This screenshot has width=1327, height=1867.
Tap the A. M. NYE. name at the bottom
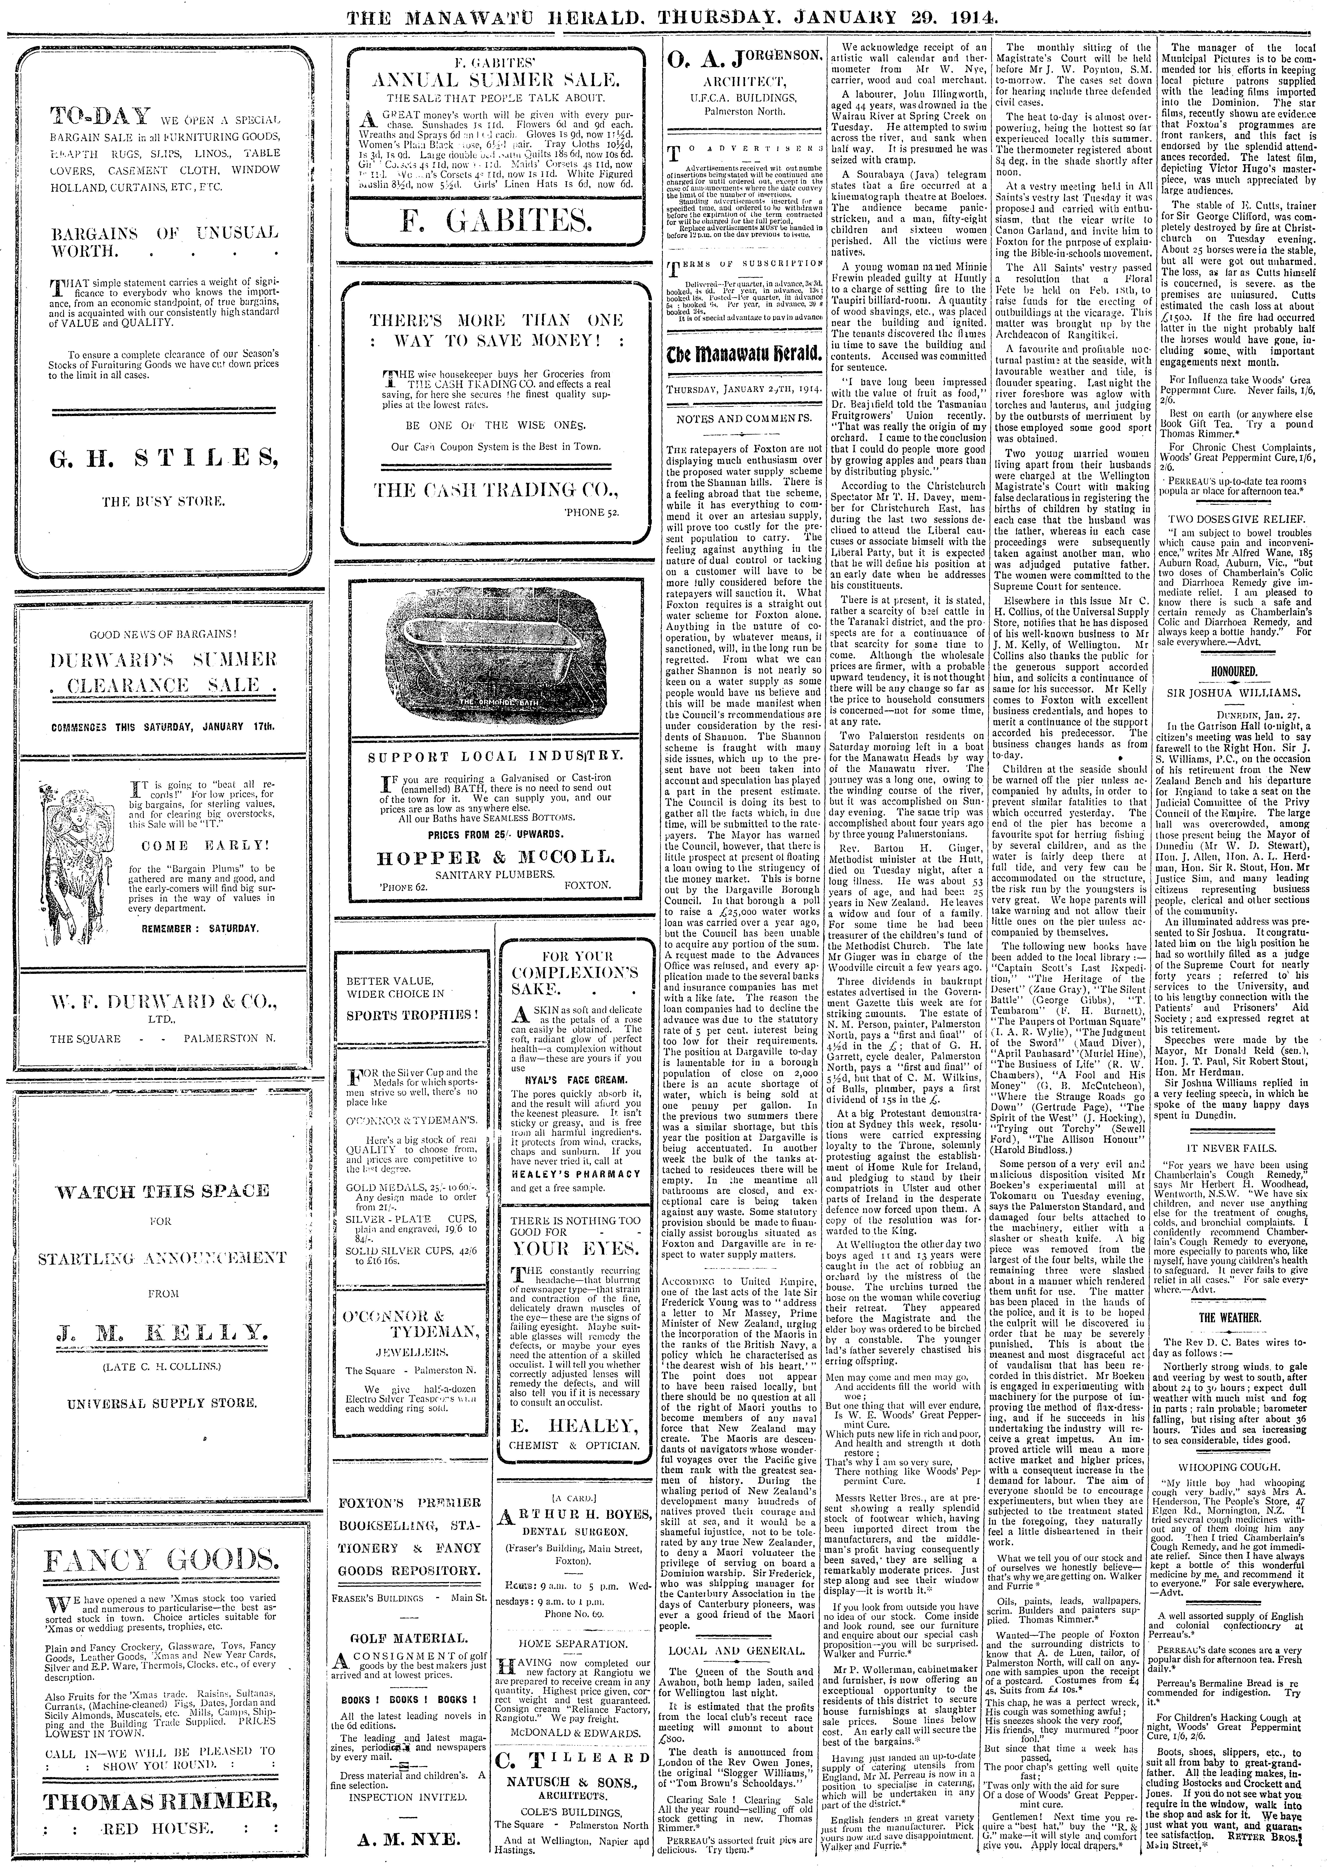[411, 1834]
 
